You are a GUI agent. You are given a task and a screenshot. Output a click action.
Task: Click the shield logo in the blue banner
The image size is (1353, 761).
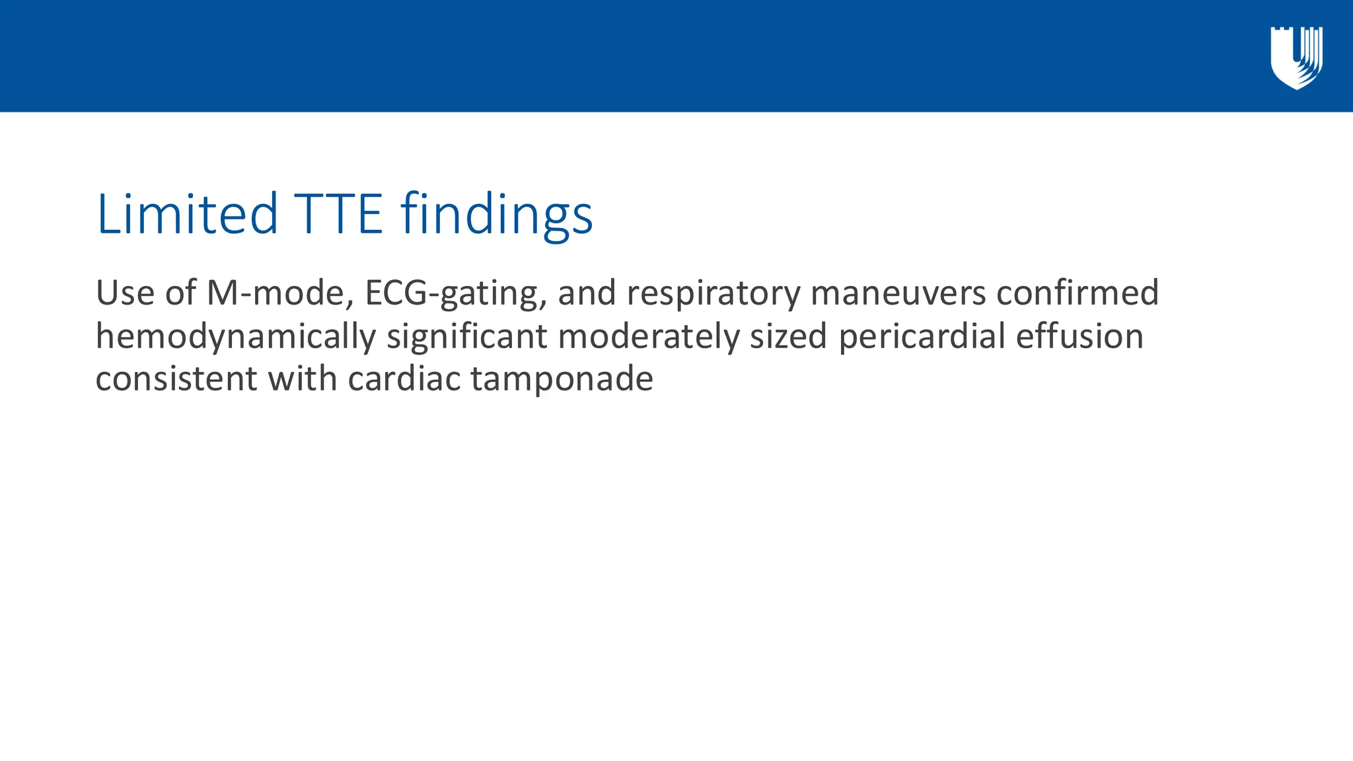pos(1296,57)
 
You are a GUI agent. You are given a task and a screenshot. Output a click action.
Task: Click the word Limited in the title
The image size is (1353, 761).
pos(187,214)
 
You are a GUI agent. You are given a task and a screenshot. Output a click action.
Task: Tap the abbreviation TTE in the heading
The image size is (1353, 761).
pos(338,214)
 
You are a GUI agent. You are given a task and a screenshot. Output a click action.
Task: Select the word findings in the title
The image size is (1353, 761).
pos(496,215)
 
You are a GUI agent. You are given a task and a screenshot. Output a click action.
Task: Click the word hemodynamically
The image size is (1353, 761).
pos(236,337)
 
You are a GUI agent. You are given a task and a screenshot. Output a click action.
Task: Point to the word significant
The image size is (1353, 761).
pos(467,337)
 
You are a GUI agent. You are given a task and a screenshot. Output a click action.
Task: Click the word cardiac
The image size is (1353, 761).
pos(404,379)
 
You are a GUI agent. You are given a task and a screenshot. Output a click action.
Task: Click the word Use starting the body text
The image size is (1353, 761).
pos(125,293)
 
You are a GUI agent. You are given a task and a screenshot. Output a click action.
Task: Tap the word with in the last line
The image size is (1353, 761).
pos(303,379)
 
